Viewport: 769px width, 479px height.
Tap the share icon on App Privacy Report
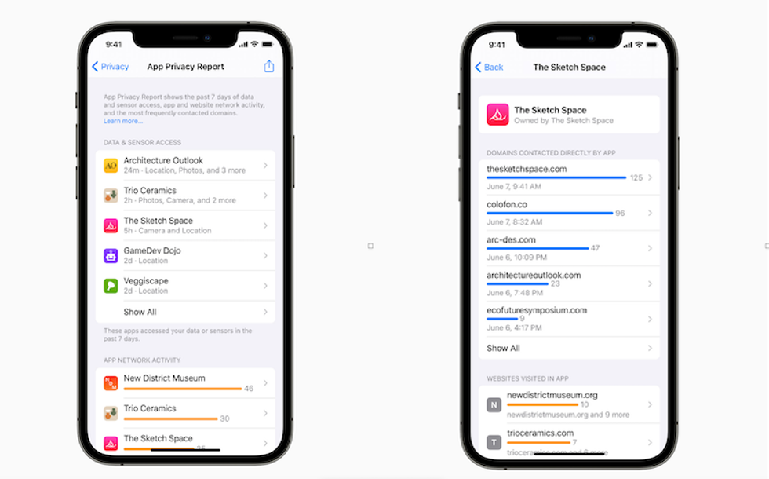click(x=269, y=67)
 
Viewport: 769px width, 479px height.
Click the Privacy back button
click(x=110, y=67)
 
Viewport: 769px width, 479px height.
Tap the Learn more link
click(x=123, y=122)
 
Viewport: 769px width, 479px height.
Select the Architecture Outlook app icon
click(x=111, y=166)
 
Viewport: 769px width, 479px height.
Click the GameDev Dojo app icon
click(x=111, y=255)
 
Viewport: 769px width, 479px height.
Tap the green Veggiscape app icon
click(x=111, y=286)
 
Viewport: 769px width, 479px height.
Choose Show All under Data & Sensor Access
click(x=140, y=312)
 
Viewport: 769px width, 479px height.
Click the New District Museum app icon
click(x=111, y=383)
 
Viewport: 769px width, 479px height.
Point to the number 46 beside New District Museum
click(x=249, y=389)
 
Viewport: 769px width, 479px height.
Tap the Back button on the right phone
click(x=489, y=68)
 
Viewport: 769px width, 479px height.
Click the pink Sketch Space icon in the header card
click(x=497, y=115)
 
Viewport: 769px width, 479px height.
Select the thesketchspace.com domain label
click(x=527, y=169)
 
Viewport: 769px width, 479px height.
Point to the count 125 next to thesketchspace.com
click(x=636, y=178)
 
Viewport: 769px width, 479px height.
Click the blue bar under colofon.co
click(x=549, y=213)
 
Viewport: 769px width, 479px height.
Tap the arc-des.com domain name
click(x=511, y=239)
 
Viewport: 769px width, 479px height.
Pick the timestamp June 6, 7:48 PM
click(x=514, y=293)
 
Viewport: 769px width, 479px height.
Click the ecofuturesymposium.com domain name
click(x=537, y=310)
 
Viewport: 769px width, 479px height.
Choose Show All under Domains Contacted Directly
click(x=503, y=348)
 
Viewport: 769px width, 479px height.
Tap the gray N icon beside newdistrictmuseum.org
click(x=494, y=405)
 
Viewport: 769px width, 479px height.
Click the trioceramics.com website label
click(x=540, y=433)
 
